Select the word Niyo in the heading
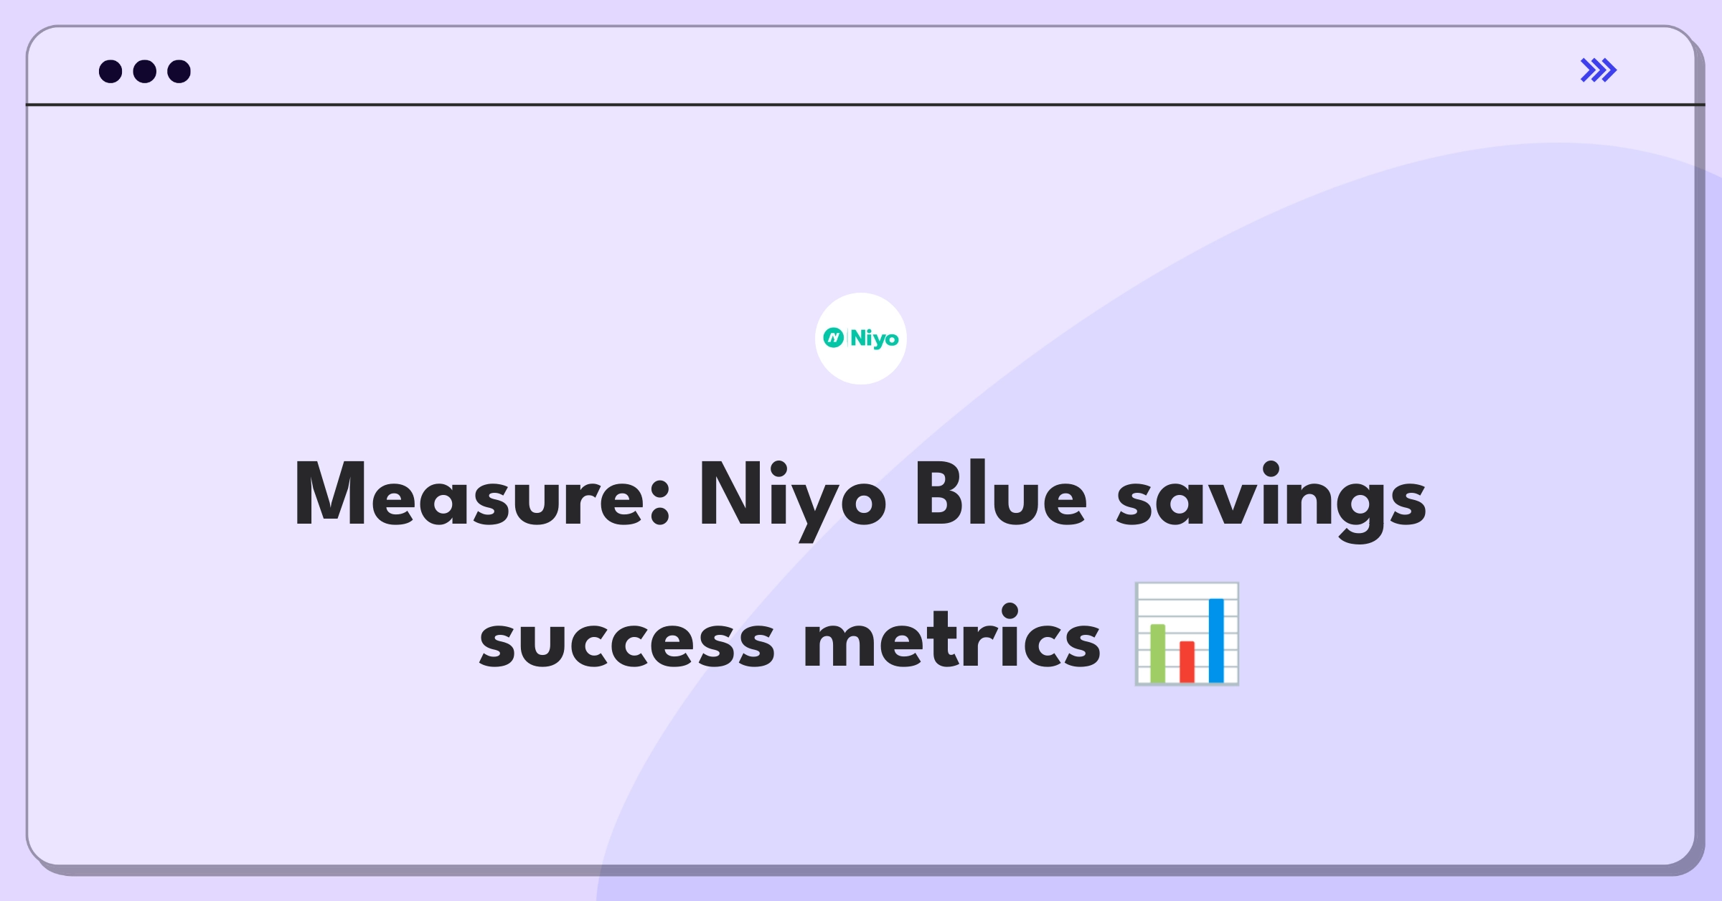click(x=793, y=501)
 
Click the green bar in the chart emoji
click(x=1157, y=653)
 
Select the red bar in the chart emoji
click(x=1187, y=661)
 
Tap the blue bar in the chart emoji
click(x=1216, y=641)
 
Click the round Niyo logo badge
click(x=861, y=339)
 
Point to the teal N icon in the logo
click(x=834, y=338)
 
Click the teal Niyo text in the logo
click(x=875, y=339)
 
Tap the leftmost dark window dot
click(x=110, y=72)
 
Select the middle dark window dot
click(x=145, y=72)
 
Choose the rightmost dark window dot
click(x=179, y=72)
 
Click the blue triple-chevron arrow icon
click(x=1599, y=70)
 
